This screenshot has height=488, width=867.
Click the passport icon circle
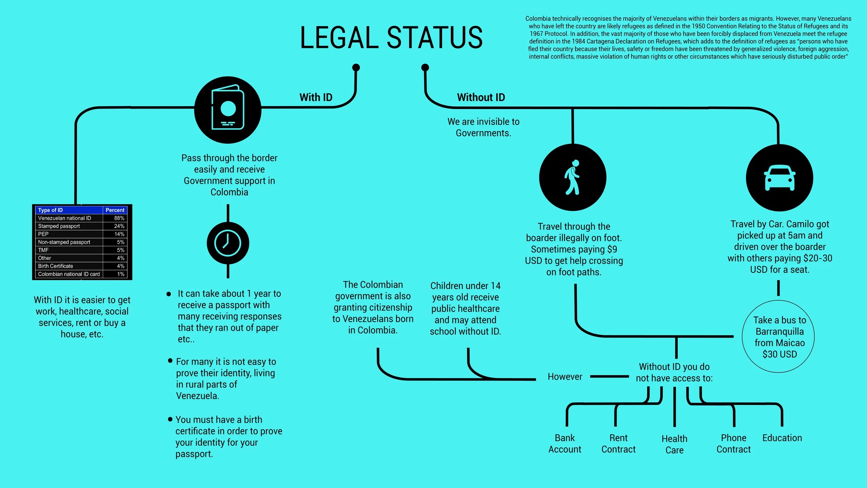pos(228,110)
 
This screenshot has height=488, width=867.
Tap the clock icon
pos(228,243)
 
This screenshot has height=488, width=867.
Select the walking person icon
pos(573,177)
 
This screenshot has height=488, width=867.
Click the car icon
pos(780,178)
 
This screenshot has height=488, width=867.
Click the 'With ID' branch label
pos(316,97)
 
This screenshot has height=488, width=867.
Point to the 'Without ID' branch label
pos(481,97)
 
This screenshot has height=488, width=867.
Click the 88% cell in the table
pos(119,218)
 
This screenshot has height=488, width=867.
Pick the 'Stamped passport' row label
pos(59,226)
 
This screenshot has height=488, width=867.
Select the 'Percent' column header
pos(115,210)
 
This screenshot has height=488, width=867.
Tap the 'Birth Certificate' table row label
pos(55,266)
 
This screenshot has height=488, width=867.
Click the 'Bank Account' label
pos(565,443)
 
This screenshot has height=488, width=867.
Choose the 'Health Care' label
pos(674,444)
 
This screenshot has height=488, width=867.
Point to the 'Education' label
pos(782,438)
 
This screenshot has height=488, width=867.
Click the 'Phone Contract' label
pos(733,443)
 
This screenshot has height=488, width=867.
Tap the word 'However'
pos(565,377)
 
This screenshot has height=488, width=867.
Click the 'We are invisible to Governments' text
pos(483,127)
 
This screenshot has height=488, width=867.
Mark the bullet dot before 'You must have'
pos(170,419)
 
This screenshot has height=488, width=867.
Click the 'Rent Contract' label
pos(618,443)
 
